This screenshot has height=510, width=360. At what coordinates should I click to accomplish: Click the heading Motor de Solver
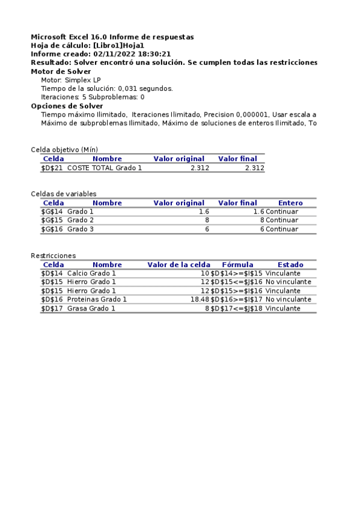[x=61, y=71]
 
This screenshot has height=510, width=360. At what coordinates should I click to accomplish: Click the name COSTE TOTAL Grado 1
[x=105, y=168]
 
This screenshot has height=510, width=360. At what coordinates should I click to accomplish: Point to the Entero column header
[x=290, y=203]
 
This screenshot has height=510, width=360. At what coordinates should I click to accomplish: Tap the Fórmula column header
[x=237, y=264]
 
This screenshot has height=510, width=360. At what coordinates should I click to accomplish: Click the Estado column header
[x=290, y=264]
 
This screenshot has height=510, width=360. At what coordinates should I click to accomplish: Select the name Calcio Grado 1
[x=91, y=273]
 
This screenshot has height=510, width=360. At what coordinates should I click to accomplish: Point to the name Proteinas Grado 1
[x=97, y=299]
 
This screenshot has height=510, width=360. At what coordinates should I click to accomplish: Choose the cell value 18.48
[x=200, y=299]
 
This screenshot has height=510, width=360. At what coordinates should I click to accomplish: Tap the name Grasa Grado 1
[x=91, y=308]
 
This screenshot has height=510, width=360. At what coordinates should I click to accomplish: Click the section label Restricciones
[x=53, y=256]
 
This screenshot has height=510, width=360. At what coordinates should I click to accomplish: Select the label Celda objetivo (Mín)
[x=64, y=150]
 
